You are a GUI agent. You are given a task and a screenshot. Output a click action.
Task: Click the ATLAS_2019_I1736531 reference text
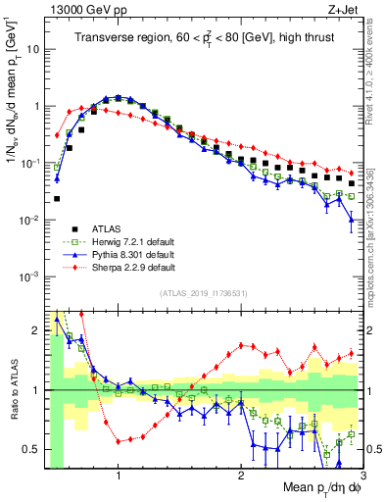coord(203,293)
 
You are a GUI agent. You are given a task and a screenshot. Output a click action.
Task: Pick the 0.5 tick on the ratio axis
coord(30,449)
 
